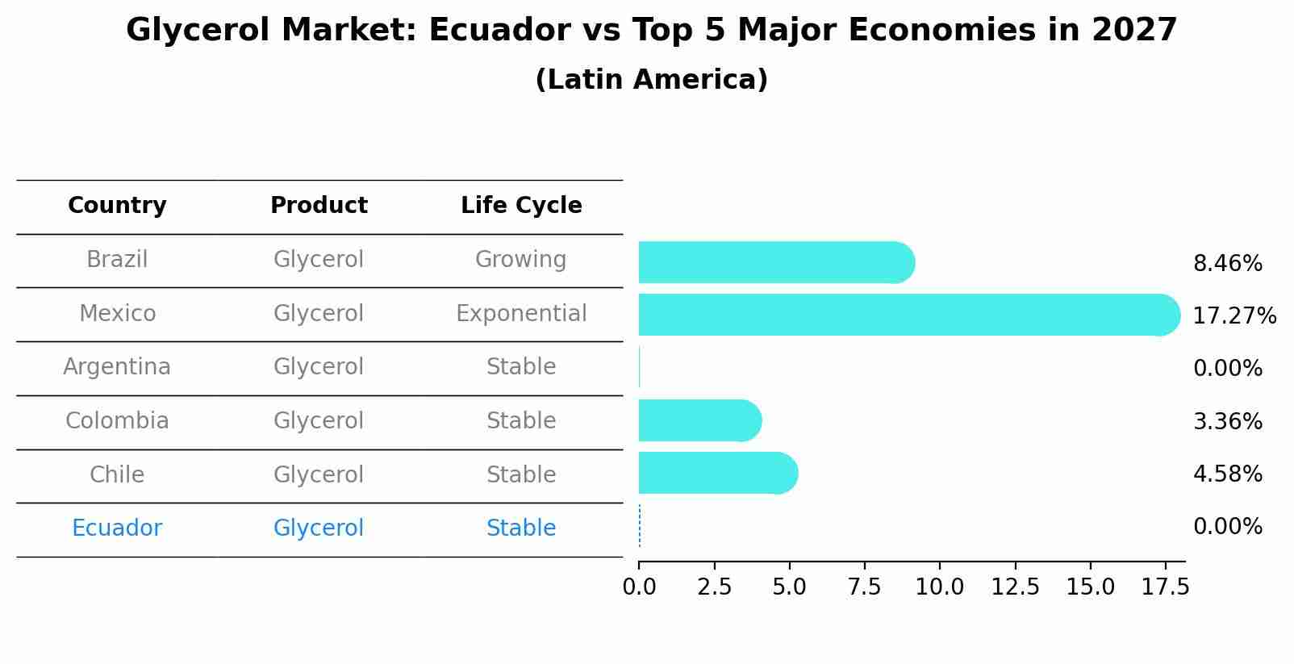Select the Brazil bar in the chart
[x=774, y=262]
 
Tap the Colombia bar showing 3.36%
[x=699, y=420]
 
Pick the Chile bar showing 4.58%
[x=717, y=473]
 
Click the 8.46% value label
[x=1227, y=264]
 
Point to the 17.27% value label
[x=1233, y=315]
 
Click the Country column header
[x=117, y=206]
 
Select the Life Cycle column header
[x=521, y=206]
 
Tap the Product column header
[x=319, y=206]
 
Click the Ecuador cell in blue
[x=117, y=528]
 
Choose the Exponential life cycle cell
[x=521, y=313]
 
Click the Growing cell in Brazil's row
[x=520, y=260]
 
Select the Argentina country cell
[x=117, y=367]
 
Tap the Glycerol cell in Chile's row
[x=319, y=474]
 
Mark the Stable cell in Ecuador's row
[x=521, y=528]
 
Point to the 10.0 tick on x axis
[x=939, y=587]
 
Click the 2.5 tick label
[x=714, y=587]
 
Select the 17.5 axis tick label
[x=1165, y=587]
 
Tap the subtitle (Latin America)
[x=651, y=80]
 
